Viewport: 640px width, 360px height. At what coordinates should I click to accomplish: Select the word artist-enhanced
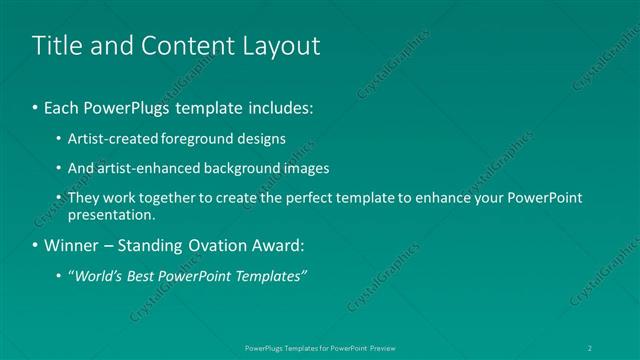[142, 168]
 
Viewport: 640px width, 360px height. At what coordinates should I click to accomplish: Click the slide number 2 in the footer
[591, 347]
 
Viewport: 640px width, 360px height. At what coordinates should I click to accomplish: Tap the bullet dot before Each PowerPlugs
[36, 106]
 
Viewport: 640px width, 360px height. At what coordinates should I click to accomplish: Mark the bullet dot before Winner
[36, 245]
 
